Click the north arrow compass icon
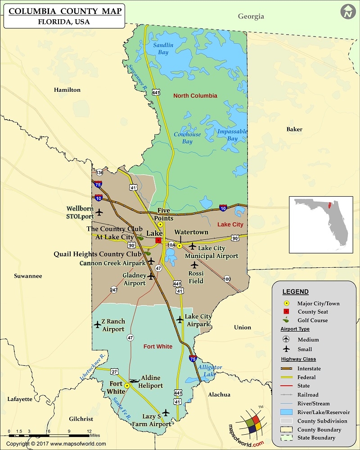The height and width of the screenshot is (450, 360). click(347, 12)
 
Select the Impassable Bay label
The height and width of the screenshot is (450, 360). click(232, 135)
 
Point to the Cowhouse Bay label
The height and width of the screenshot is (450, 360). click(187, 138)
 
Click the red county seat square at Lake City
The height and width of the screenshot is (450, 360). click(158, 241)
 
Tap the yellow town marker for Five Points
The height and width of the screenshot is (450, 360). click(160, 224)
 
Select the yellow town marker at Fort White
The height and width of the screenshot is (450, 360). click(127, 386)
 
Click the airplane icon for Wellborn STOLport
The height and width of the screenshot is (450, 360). click(99, 212)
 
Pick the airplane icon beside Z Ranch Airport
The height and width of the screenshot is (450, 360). click(97, 324)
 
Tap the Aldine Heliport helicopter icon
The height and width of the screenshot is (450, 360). click(134, 381)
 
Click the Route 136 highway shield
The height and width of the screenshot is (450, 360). click(99, 173)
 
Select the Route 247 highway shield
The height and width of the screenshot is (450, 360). click(114, 290)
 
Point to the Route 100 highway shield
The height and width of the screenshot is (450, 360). click(227, 279)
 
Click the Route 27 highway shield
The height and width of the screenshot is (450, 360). click(115, 371)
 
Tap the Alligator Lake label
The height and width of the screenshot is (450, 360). click(210, 370)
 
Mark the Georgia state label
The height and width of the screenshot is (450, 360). click(251, 17)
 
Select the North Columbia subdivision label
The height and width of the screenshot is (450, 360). click(195, 96)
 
